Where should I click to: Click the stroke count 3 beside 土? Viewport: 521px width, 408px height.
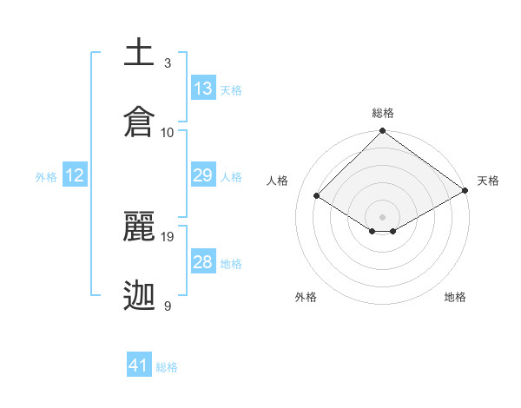[x=168, y=63]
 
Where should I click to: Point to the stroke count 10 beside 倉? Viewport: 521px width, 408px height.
[x=168, y=132]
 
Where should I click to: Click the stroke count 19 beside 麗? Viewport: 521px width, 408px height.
[x=168, y=236]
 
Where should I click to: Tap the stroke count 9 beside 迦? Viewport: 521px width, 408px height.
[x=168, y=306]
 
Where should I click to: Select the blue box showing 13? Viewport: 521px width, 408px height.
[x=203, y=89]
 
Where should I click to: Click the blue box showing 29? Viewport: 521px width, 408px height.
[x=203, y=175]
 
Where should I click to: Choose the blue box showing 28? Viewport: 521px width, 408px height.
[x=203, y=262]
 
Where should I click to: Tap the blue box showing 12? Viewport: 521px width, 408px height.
[x=75, y=175]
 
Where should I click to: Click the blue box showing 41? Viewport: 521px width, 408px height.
[x=139, y=365]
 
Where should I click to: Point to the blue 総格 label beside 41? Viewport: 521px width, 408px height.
[x=167, y=367]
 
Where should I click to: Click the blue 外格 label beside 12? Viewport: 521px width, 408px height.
[x=46, y=177]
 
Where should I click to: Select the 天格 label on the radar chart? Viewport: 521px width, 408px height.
[x=489, y=181]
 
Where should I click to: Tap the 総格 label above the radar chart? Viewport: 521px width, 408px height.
[x=383, y=113]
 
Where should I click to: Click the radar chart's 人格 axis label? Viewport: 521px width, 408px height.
[x=278, y=181]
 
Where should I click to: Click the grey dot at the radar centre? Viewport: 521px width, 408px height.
[x=383, y=216]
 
